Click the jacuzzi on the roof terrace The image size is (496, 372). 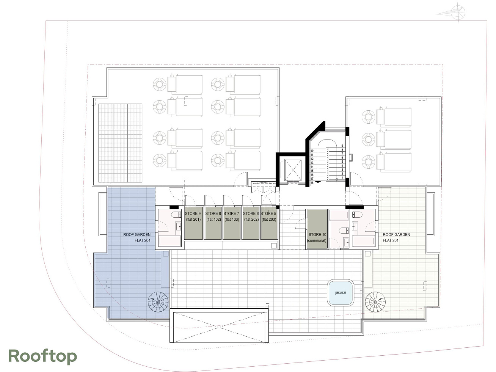coord(341,292)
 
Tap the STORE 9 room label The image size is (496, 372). coord(193,213)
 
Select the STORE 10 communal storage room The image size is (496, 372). coord(317,229)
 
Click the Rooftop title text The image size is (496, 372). coord(43,356)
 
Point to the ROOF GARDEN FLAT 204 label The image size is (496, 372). coord(137,237)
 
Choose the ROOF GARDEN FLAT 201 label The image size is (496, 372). coord(396,237)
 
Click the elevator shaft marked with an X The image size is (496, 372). coord(293,170)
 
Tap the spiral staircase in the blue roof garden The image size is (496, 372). coord(158,302)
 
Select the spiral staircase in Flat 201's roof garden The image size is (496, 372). coord(375,302)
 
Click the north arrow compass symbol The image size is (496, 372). coord(457,13)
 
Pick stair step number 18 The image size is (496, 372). coord(312,183)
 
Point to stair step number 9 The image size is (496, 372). coord(342,146)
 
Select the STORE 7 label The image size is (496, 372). coord(231,213)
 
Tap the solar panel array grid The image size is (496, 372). coord(120,143)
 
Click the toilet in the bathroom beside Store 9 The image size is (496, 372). coord(176,214)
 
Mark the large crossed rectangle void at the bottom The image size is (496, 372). coord(219,326)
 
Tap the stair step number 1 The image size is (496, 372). coord(342,178)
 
